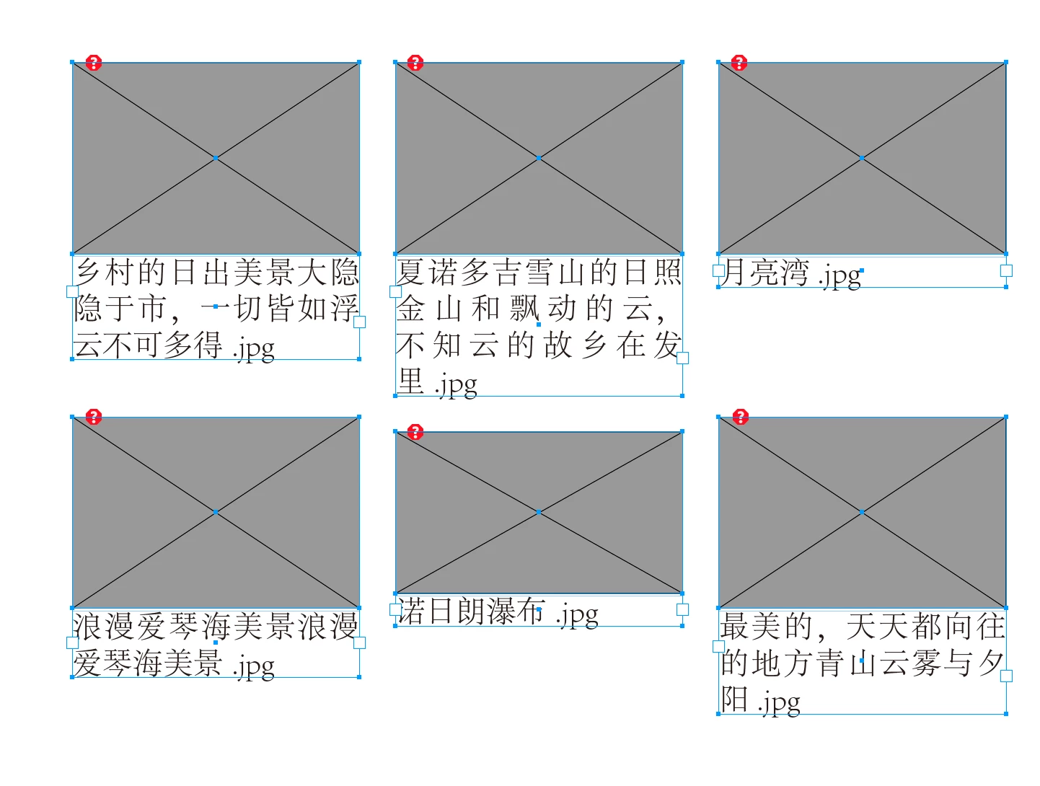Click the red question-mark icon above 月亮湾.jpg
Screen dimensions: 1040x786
click(739, 63)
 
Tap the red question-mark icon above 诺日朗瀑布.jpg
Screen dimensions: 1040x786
click(415, 432)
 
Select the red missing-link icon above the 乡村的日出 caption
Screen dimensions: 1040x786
click(93, 63)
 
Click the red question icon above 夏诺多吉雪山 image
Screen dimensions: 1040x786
click(415, 63)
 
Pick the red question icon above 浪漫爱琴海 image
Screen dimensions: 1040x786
click(93, 417)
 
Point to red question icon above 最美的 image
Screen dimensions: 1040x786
click(740, 417)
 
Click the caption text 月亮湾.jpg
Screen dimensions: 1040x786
click(789, 273)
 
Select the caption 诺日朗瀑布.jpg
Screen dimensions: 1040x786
click(497, 612)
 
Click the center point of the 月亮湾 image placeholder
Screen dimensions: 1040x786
click(861, 158)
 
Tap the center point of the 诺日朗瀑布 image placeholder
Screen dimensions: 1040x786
click(538, 512)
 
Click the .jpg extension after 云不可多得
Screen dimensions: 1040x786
click(253, 350)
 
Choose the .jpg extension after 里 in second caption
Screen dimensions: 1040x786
click(456, 386)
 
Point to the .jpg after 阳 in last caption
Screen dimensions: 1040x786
click(779, 702)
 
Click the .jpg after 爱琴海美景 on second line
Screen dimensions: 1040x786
click(253, 667)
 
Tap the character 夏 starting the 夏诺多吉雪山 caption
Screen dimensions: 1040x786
click(411, 273)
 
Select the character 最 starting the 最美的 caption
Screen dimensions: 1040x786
click(734, 626)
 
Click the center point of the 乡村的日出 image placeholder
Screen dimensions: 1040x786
click(216, 158)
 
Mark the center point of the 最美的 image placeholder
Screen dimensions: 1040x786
click(861, 512)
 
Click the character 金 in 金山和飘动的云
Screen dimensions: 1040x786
click(411, 308)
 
